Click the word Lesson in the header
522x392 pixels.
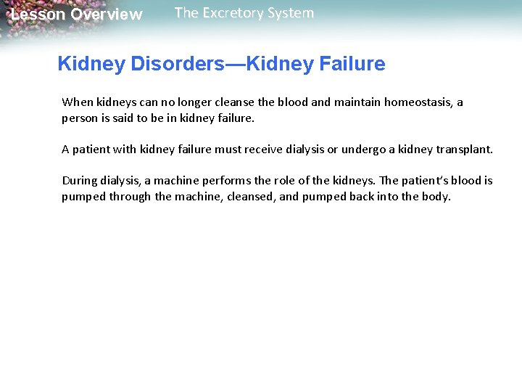(x=37, y=15)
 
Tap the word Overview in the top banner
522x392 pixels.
(x=107, y=15)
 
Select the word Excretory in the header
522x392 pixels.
(x=242, y=13)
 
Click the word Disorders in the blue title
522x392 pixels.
(x=169, y=64)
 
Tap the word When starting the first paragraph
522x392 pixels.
(x=78, y=102)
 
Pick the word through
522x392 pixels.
(x=130, y=197)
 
